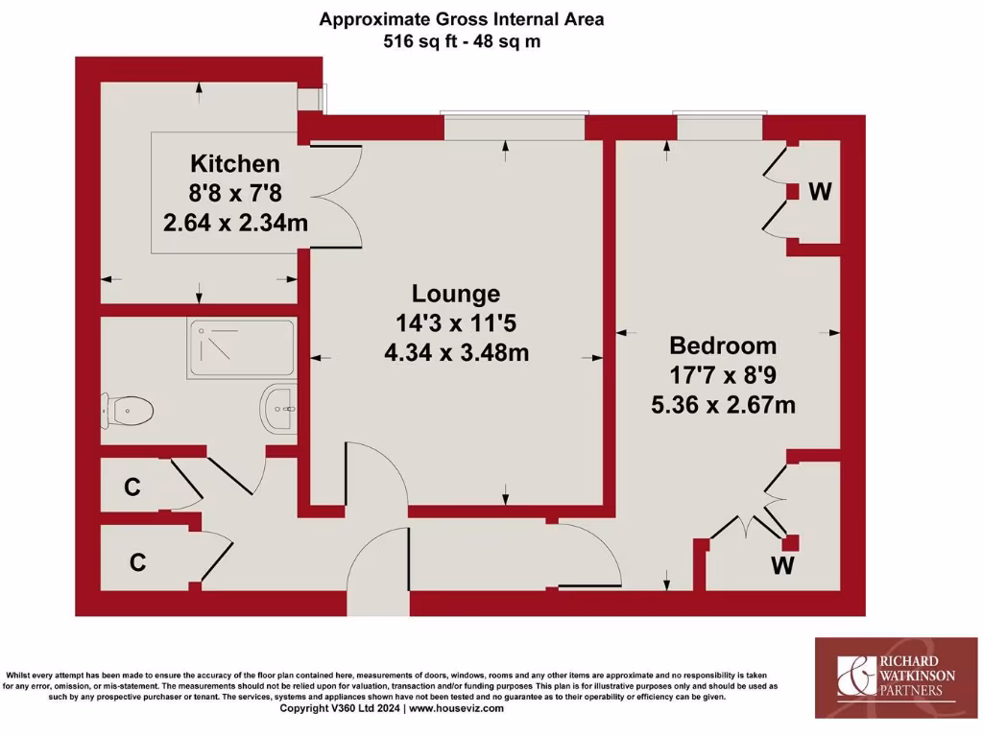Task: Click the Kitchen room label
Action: (235, 163)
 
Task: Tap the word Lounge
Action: (456, 294)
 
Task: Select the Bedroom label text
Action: (723, 345)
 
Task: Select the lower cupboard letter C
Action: (137, 562)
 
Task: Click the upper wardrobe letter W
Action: (819, 192)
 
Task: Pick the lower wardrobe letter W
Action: (784, 566)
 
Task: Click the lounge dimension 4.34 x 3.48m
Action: (456, 353)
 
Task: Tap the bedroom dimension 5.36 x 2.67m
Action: (723, 405)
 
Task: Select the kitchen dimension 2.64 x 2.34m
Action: (235, 223)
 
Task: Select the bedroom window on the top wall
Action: (720, 127)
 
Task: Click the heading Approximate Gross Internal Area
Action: (462, 19)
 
